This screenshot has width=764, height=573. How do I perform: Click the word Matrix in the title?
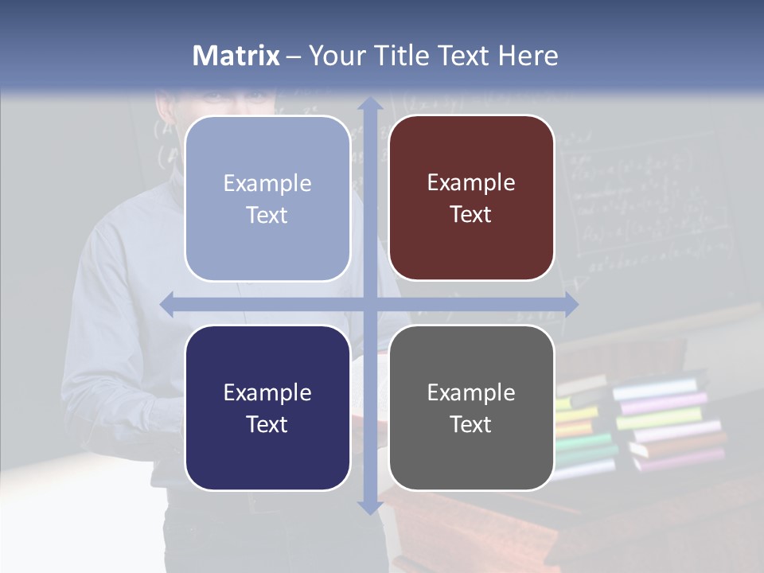pos(236,56)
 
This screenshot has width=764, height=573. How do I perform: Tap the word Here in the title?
pos(528,56)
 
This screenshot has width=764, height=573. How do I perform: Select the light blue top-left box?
pos(267,198)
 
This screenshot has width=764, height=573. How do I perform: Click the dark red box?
pos(471,198)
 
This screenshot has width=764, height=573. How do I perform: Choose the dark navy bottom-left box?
pos(267,407)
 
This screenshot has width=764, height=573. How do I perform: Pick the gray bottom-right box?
pos(471,407)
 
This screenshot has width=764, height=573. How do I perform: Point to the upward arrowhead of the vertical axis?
pos(369,103)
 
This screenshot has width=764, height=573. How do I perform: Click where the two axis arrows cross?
pos(369,304)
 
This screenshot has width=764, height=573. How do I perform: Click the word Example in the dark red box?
pos(471,182)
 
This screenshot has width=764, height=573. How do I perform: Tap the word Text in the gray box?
pos(471,424)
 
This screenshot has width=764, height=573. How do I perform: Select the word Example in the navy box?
pos(267,392)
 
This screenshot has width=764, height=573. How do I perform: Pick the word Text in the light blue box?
pos(267,215)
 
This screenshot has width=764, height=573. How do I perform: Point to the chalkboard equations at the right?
pos(645,199)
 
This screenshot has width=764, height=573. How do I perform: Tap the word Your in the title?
pos(334,56)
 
